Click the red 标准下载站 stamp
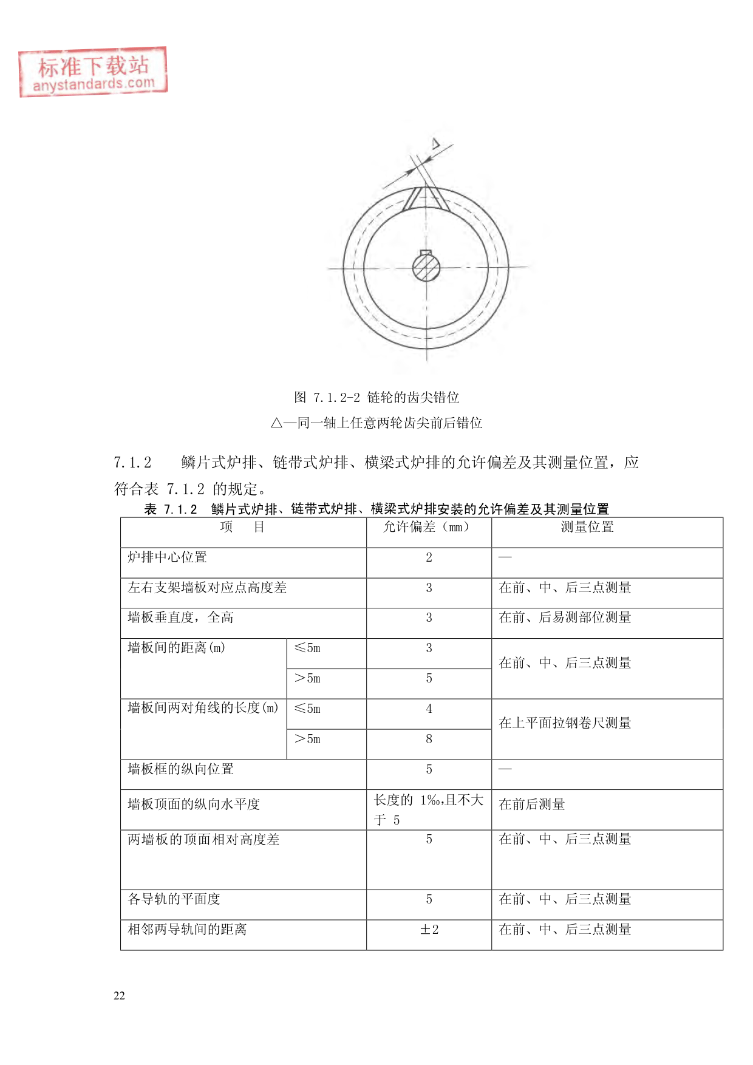click(93, 72)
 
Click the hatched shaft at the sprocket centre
click(426, 267)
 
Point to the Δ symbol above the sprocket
click(435, 143)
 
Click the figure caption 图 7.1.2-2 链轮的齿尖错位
click(376, 398)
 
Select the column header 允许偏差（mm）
click(428, 527)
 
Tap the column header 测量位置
click(587, 527)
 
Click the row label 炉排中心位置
click(168, 557)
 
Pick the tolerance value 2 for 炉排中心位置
click(429, 557)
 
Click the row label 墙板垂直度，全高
click(180, 618)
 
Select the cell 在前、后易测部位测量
click(565, 618)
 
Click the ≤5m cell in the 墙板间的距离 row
click(307, 648)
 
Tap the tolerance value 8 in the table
click(429, 739)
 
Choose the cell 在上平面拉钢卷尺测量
click(565, 723)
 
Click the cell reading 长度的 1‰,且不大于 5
click(428, 810)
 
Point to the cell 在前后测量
click(532, 805)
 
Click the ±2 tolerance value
click(429, 930)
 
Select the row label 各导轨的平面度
click(174, 899)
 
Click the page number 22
click(119, 996)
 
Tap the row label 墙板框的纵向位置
click(180, 769)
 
